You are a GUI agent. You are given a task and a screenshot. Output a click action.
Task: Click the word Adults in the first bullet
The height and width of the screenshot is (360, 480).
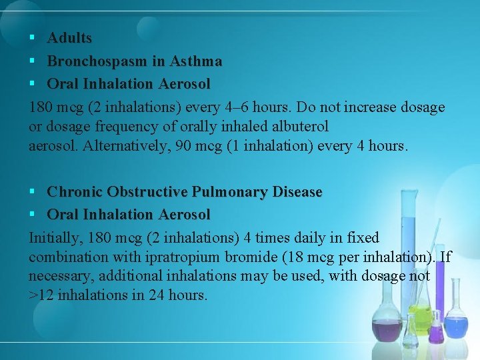pyautogui.click(x=69, y=39)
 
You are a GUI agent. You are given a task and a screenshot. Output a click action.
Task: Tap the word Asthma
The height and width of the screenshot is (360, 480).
pyautogui.click(x=196, y=61)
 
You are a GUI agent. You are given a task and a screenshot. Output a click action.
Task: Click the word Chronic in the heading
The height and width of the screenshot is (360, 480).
pyautogui.click(x=74, y=192)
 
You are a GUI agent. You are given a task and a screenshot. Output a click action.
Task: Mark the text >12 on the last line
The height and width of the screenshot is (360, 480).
pyautogui.click(x=42, y=294)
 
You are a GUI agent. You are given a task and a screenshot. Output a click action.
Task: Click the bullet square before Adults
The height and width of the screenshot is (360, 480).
pyautogui.click(x=32, y=39)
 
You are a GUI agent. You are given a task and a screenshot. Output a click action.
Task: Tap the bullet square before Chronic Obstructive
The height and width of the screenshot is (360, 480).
pyautogui.click(x=32, y=192)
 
